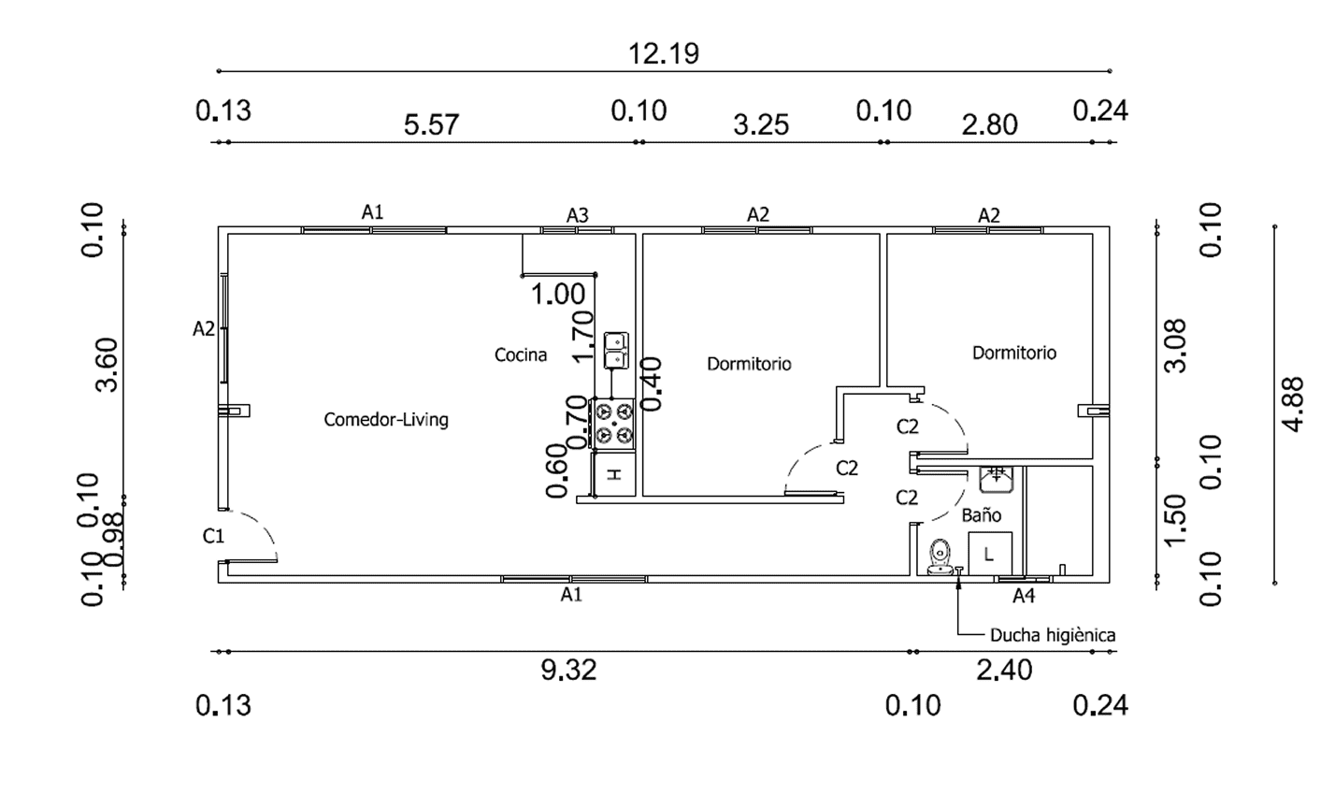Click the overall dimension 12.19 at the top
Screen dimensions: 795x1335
pyautogui.click(x=663, y=53)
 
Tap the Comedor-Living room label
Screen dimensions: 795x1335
pyautogui.click(x=386, y=419)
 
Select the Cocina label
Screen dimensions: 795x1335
pyautogui.click(x=521, y=354)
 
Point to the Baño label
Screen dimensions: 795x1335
pyautogui.click(x=982, y=514)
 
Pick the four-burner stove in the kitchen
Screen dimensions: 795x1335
pyautogui.click(x=614, y=423)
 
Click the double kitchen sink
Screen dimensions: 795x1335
pyautogui.click(x=615, y=349)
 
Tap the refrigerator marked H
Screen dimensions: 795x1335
pyautogui.click(x=614, y=473)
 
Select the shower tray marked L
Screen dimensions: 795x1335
pyautogui.click(x=990, y=553)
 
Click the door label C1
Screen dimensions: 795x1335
pyautogui.click(x=214, y=536)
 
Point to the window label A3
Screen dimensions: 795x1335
pyautogui.click(x=578, y=215)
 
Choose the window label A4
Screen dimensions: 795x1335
pyautogui.click(x=1024, y=595)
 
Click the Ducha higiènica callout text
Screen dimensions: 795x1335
pyautogui.click(x=1052, y=635)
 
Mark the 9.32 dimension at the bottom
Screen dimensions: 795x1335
pyautogui.click(x=568, y=670)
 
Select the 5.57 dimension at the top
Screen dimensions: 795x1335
pyautogui.click(x=431, y=124)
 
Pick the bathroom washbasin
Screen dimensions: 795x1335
pyautogui.click(x=997, y=479)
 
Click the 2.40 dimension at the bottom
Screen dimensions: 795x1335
pyautogui.click(x=1004, y=670)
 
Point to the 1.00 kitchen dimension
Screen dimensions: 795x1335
pyautogui.click(x=558, y=295)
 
